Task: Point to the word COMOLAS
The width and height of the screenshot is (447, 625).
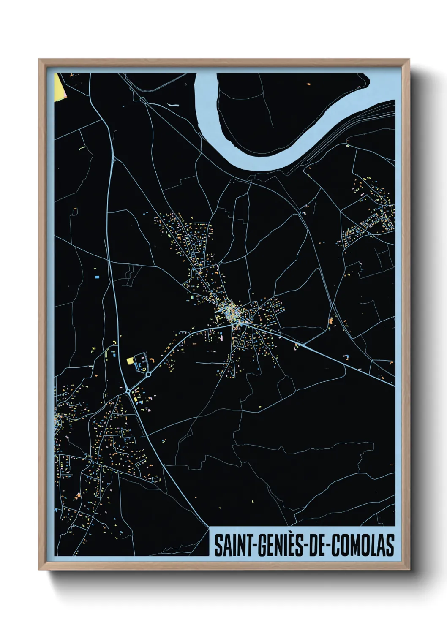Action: coord(363,545)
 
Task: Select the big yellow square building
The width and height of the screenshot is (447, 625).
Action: coord(130,361)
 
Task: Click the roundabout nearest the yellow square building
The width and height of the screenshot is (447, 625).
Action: coord(148,374)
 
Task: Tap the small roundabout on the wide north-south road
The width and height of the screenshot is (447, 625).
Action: coord(128,391)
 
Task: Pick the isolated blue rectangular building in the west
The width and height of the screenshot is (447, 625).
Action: coord(97,277)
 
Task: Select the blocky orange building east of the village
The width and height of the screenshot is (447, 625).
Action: coord(331,321)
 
